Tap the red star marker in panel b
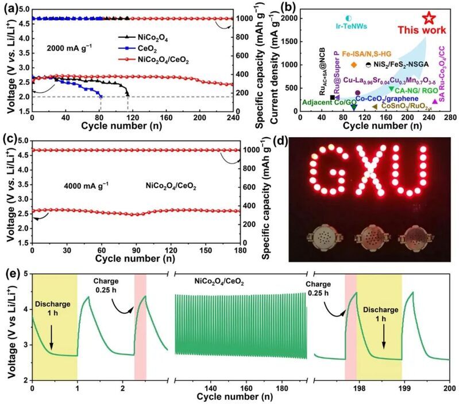point(428,18)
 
